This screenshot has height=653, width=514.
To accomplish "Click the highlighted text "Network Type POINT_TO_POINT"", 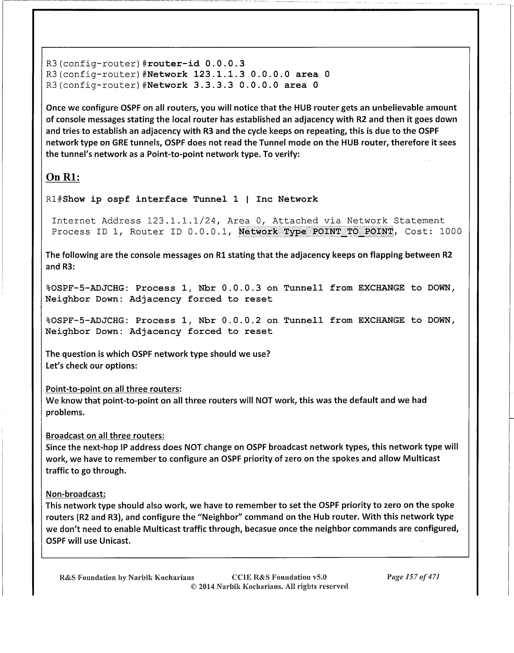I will pos(316,231).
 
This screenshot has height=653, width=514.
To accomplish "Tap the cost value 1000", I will pos(450,231).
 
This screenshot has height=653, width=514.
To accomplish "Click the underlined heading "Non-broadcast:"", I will pos(75,494).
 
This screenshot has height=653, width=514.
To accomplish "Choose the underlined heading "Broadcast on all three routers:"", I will pos(105,436).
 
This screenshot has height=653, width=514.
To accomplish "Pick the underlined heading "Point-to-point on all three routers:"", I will pos(113,389).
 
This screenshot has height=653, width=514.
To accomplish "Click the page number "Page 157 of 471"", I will pos(414,577).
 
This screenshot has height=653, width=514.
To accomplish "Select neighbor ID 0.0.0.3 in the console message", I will pos(241,288).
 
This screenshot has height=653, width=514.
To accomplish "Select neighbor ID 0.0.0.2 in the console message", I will pos(241,320).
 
